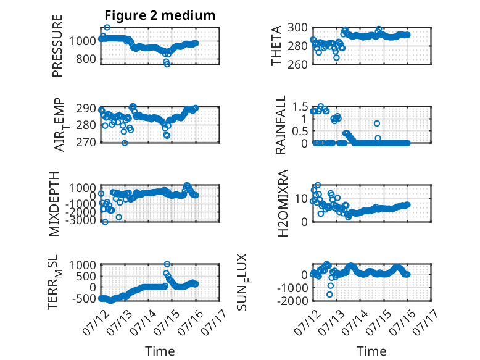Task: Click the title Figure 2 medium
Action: [160, 15]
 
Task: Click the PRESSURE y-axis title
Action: [57, 46]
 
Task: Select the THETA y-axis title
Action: [276, 46]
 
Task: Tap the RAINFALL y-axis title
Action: [280, 125]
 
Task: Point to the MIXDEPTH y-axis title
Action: [54, 204]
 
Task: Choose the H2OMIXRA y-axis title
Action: [283, 203]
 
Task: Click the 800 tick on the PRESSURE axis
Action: [86, 59]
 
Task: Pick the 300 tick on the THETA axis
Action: [297, 28]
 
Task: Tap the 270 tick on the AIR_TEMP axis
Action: [86, 142]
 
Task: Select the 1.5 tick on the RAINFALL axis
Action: [300, 107]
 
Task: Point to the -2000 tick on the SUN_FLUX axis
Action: [292, 301]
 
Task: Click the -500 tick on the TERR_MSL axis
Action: [83, 298]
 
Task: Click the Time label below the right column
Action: [371, 351]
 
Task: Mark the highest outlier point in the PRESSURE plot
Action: [107, 28]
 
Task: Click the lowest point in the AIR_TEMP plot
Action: [125, 143]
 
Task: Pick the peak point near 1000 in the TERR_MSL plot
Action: [167, 264]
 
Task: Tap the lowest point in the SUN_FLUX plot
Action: [329, 295]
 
